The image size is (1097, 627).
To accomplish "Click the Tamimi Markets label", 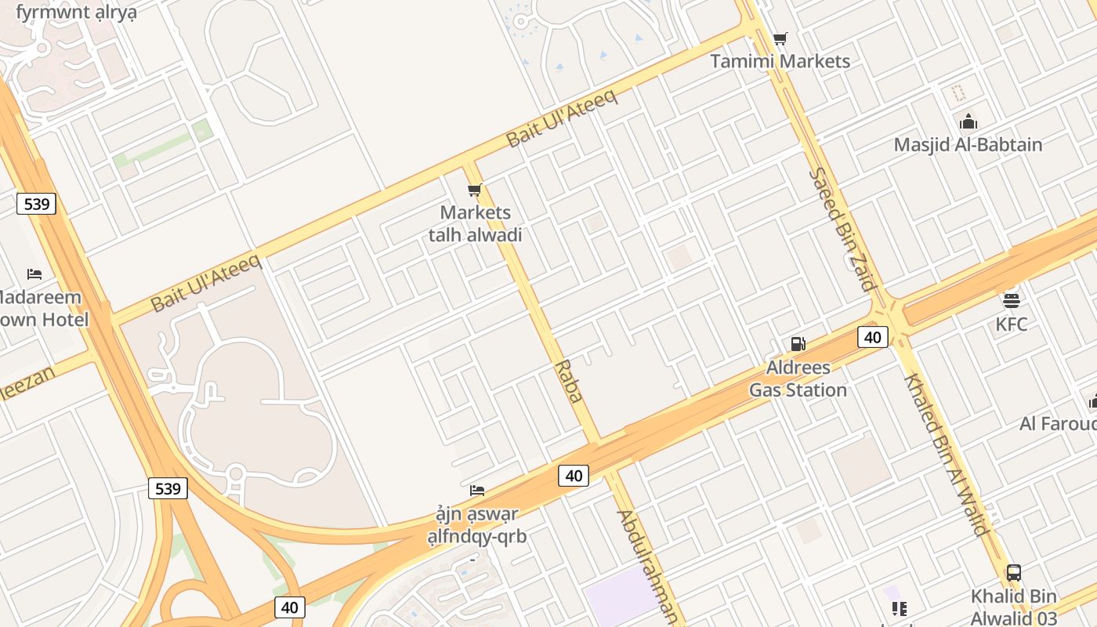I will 780,61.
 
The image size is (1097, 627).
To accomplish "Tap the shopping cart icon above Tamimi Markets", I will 780,38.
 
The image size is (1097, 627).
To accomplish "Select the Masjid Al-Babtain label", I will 968,145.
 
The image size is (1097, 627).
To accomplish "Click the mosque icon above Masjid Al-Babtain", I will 968,121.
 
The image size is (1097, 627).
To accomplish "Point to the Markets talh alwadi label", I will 475,223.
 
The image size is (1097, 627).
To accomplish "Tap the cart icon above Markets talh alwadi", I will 474,190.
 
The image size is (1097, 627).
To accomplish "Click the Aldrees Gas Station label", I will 798,379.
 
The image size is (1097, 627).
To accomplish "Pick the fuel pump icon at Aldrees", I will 798,343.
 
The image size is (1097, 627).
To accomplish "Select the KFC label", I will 1011,324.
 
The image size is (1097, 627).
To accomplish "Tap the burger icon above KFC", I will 1011,300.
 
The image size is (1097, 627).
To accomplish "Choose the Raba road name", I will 569,381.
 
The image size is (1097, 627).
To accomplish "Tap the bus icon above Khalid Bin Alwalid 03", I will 1013,573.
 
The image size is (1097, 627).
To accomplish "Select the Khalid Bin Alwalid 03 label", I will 1014,607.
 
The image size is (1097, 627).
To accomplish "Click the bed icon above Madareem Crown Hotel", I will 34,274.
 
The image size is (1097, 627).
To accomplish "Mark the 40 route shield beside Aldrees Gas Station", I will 872,337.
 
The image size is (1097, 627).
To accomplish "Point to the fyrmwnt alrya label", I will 76,13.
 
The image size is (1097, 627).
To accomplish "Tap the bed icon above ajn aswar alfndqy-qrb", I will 476,491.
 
